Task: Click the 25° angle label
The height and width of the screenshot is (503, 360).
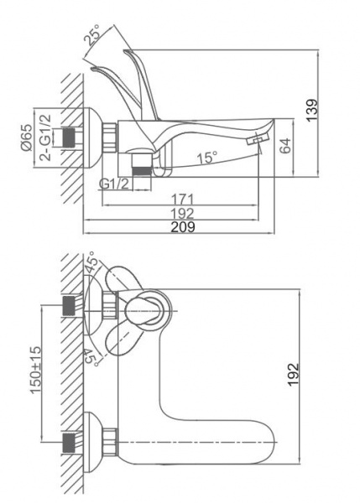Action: (x=92, y=34)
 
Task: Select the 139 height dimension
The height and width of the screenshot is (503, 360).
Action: (x=312, y=111)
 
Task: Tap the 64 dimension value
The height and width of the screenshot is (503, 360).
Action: (x=285, y=146)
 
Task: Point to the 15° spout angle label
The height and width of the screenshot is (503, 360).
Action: (x=207, y=158)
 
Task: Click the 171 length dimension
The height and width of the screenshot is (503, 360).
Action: (x=182, y=200)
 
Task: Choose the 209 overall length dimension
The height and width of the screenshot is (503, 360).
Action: (x=183, y=227)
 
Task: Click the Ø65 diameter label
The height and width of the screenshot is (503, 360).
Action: (x=26, y=137)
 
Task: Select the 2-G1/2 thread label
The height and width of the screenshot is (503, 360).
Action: (x=45, y=137)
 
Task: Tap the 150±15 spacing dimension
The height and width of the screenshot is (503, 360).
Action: (x=35, y=370)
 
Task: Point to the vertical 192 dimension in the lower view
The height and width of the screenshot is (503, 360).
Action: (x=293, y=375)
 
